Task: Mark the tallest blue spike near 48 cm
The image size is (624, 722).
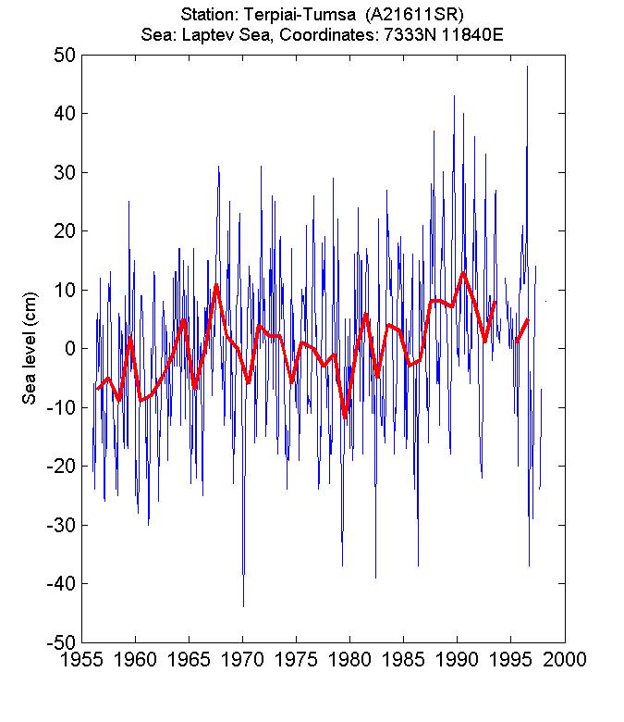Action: point(528,67)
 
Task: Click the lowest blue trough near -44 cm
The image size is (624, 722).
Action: point(243,605)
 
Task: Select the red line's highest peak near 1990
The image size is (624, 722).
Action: point(463,272)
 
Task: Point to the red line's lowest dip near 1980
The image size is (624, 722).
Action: point(346,417)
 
